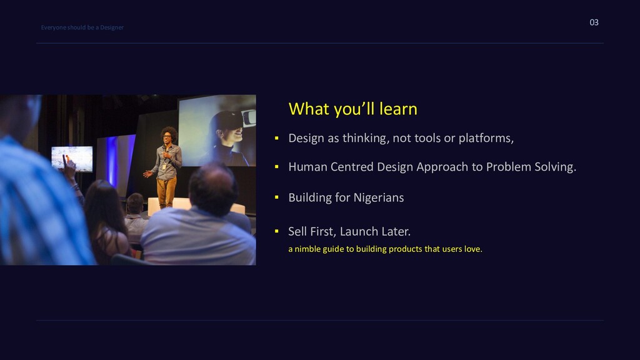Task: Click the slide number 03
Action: point(594,22)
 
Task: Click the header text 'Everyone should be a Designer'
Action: point(82,27)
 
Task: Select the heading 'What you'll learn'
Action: point(352,109)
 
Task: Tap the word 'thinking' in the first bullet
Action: point(364,138)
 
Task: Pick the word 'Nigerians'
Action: point(379,197)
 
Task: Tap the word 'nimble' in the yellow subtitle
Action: point(307,249)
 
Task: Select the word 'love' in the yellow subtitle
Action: point(472,249)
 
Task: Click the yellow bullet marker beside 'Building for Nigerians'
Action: point(277,197)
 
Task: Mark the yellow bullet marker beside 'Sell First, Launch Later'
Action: point(277,231)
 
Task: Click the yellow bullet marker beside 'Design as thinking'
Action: point(277,138)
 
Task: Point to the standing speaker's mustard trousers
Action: point(166,192)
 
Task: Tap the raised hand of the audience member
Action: point(69,164)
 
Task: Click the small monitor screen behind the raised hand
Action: point(72,158)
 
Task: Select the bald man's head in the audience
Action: point(213,187)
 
